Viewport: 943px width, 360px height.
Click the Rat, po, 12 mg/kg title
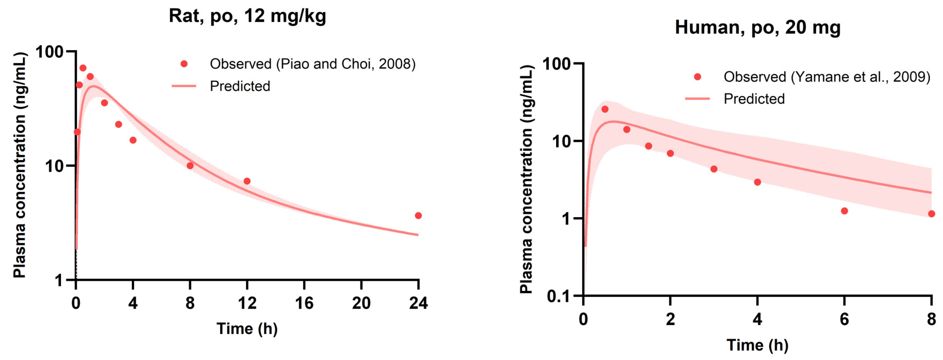247,16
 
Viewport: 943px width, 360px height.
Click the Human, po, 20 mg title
757,28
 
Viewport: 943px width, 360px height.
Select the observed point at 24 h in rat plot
418,216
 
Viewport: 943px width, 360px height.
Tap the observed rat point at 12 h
247,181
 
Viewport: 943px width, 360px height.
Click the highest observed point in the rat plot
83,68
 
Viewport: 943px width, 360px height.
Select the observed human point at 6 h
845,211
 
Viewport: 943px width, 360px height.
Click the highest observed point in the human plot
605,109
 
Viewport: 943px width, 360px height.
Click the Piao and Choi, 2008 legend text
312,64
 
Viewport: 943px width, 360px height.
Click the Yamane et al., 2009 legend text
827,77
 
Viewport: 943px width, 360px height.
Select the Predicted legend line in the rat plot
184,86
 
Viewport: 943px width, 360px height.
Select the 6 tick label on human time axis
844,319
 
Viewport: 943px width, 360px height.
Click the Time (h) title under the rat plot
247,328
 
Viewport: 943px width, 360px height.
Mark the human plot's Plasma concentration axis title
526,179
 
